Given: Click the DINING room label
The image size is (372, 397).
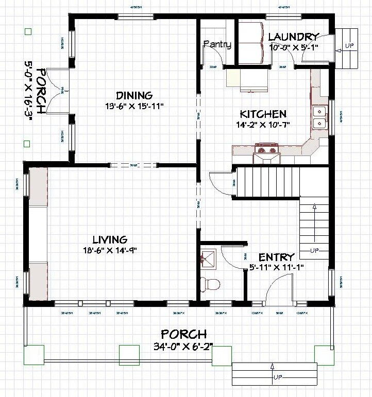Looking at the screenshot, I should (x=134, y=95).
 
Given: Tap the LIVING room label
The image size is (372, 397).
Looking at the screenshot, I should (x=110, y=239).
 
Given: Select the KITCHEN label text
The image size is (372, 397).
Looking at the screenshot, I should (x=263, y=114).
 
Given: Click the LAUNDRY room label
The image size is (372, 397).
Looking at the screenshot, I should (x=293, y=37).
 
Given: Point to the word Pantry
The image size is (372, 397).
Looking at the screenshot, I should (x=217, y=44).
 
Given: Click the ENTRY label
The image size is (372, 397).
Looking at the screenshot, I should (x=276, y=257).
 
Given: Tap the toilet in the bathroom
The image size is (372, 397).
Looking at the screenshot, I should (x=211, y=283).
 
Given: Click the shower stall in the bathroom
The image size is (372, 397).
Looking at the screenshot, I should (x=209, y=258).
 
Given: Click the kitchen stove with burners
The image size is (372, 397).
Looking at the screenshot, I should (x=266, y=151).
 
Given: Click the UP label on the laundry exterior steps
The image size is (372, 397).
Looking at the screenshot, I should (x=349, y=45).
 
